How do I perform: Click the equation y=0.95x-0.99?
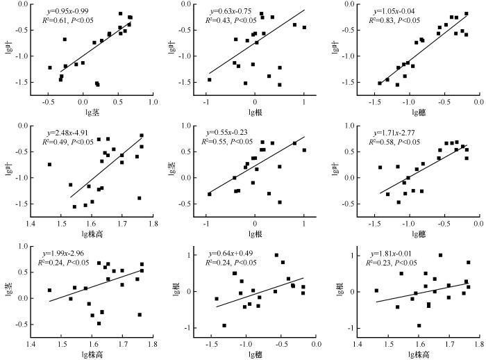click(67, 11)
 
